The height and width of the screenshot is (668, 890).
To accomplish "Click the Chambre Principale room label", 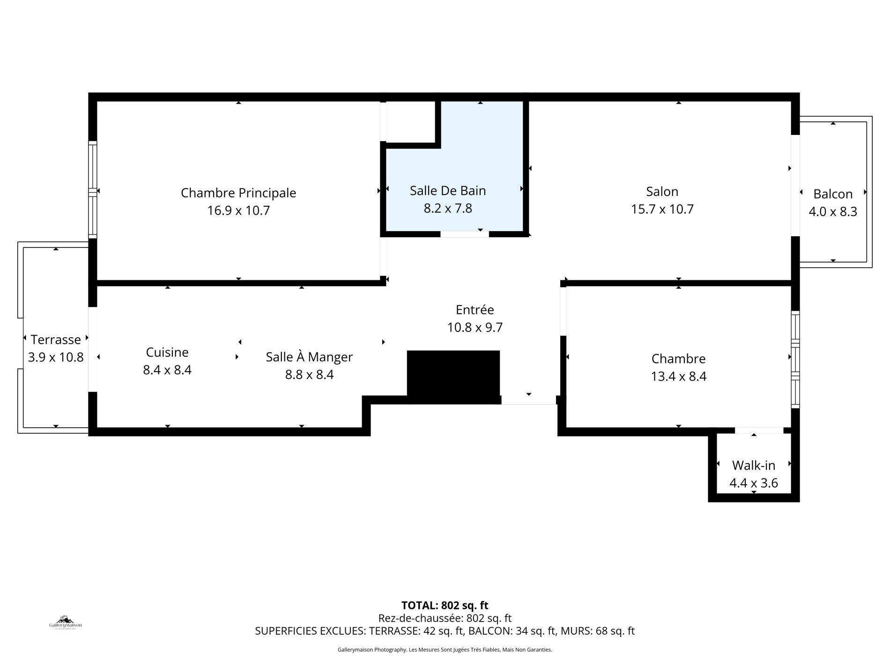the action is point(238,193).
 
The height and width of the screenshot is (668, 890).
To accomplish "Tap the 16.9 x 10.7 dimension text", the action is point(238,210).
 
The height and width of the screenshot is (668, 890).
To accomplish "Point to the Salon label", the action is point(662,191).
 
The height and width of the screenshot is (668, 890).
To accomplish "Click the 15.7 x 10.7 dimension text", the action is point(662,209).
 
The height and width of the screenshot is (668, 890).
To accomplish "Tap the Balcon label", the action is point(833,194).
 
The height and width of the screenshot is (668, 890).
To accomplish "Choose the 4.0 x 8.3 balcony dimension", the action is point(833,212).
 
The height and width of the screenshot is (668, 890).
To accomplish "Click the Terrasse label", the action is point(56,339).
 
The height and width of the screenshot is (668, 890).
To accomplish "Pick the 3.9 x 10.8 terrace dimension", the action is point(56,357).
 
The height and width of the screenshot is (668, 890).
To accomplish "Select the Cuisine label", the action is point(167,352).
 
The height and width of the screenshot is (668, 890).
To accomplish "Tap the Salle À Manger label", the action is point(309,357).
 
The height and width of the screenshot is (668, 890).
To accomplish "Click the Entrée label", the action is point(475,309).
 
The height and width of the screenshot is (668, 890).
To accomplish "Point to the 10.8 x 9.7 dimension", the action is point(475,327).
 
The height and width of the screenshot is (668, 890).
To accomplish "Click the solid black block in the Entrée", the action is point(453,376).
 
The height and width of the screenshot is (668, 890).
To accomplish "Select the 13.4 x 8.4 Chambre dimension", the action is point(678,376).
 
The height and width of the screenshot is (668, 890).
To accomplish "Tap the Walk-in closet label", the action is point(754,465).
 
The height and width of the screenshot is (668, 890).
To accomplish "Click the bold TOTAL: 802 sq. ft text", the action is point(445,606).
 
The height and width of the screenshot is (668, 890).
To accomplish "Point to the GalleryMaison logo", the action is point(66,622).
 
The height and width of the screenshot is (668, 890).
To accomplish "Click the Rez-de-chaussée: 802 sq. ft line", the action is point(445,618).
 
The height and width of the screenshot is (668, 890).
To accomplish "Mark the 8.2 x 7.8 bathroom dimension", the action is point(448,208).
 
